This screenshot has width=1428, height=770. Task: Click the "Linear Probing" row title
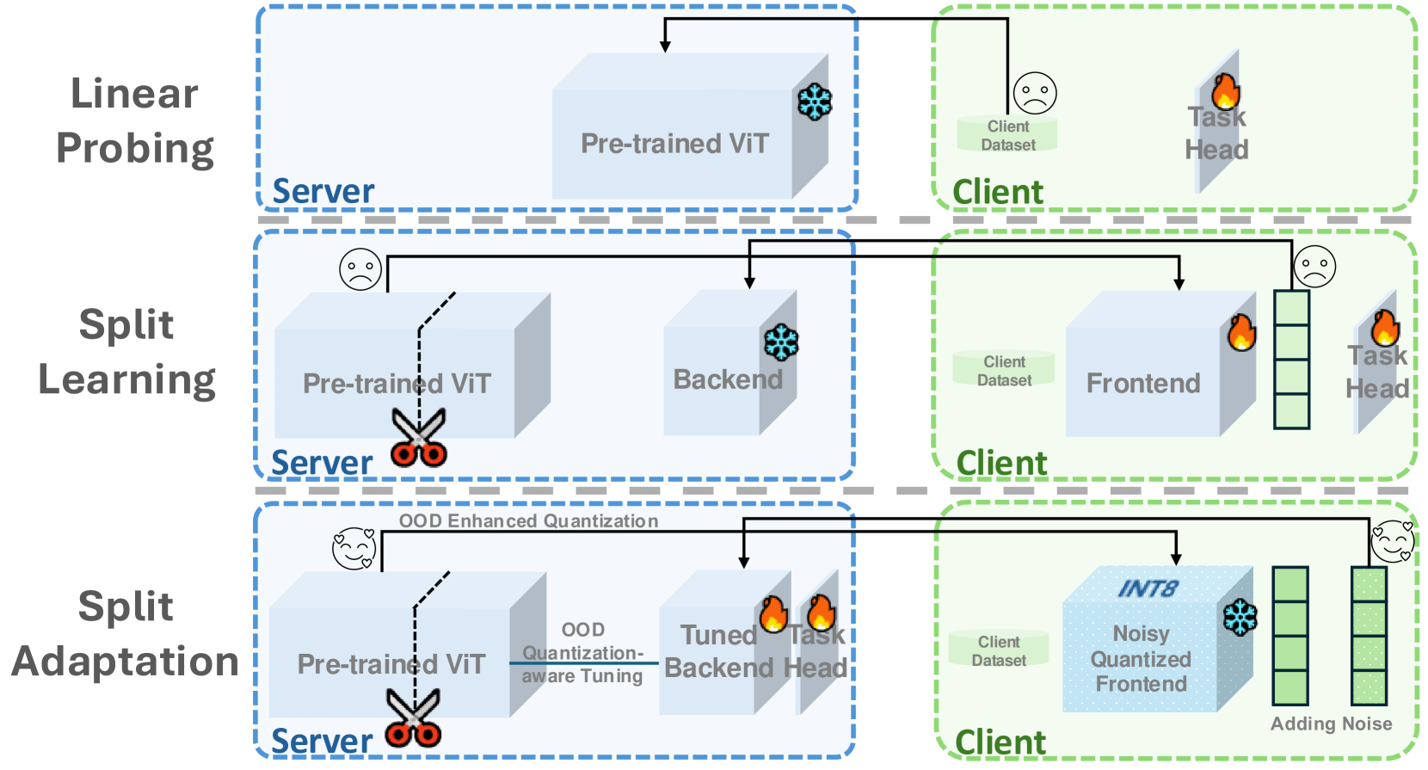pyautogui.click(x=134, y=120)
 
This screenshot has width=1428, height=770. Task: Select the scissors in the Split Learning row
pyautogui.click(x=419, y=437)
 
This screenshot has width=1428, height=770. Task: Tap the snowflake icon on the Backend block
pyautogui.click(x=781, y=342)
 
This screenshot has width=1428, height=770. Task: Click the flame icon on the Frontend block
pyautogui.click(x=1241, y=332)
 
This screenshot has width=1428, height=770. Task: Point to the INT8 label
pyautogui.click(x=1148, y=588)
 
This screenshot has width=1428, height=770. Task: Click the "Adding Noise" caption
pyautogui.click(x=1331, y=724)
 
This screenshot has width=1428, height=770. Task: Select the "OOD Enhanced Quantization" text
pyautogui.click(x=528, y=521)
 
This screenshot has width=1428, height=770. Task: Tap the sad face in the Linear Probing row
pyautogui.click(x=1035, y=93)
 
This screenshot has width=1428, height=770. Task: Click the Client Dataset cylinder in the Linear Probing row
pyautogui.click(x=1007, y=135)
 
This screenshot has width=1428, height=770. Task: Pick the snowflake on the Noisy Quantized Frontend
pyautogui.click(x=1240, y=617)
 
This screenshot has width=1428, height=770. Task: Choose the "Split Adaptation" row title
pyautogui.click(x=126, y=634)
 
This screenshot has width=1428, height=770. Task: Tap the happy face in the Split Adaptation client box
pyautogui.click(x=1392, y=541)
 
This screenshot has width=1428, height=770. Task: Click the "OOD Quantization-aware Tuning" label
pyautogui.click(x=582, y=653)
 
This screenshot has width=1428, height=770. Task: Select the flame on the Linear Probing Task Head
pyautogui.click(x=1226, y=90)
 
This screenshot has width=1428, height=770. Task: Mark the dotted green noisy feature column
pyautogui.click(x=1369, y=636)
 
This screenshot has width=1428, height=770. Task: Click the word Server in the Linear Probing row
pyautogui.click(x=323, y=191)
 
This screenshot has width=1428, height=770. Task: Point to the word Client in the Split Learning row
pyautogui.click(x=1001, y=463)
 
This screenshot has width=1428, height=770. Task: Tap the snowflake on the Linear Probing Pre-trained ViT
pyautogui.click(x=814, y=102)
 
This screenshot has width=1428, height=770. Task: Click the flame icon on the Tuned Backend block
pyautogui.click(x=773, y=614)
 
